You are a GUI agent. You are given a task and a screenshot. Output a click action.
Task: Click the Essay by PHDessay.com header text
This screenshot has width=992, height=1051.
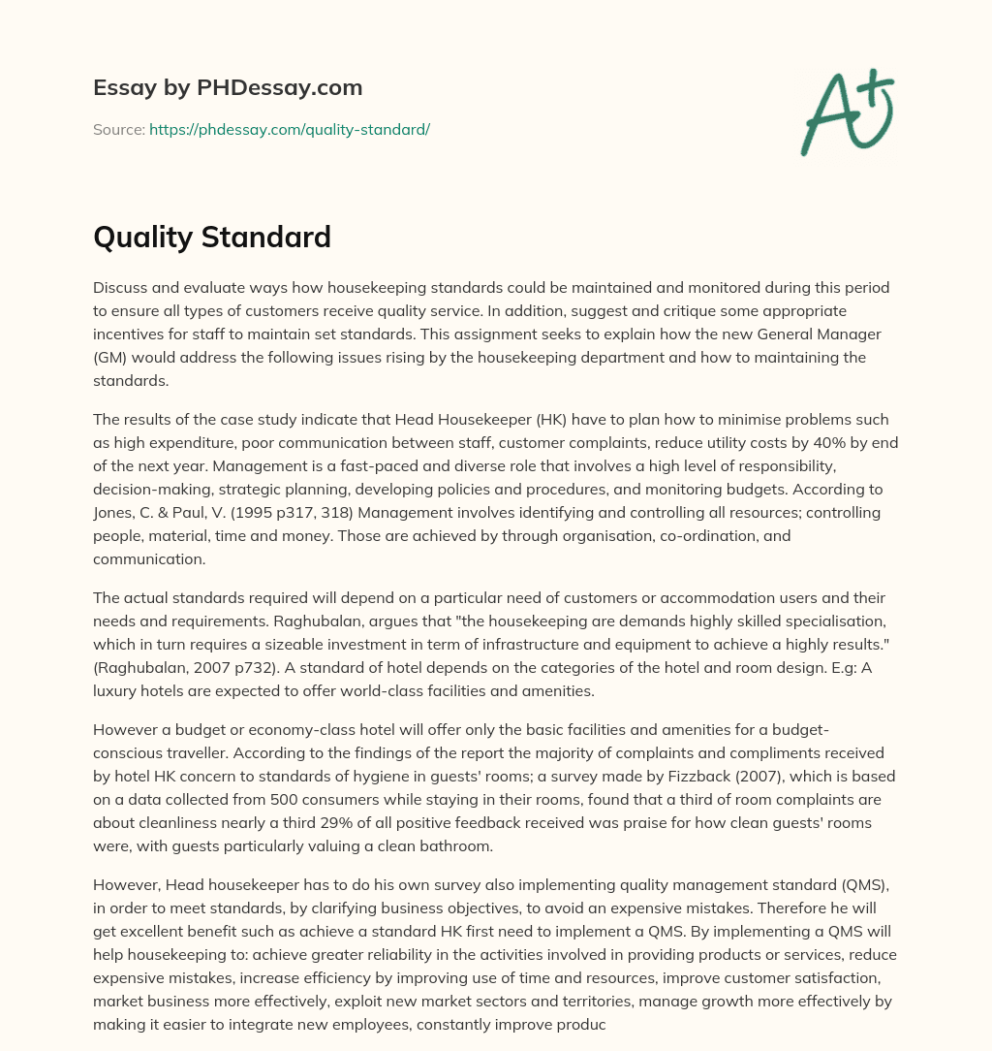coord(228,88)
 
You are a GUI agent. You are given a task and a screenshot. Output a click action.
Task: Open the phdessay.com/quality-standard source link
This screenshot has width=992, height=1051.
coord(290,129)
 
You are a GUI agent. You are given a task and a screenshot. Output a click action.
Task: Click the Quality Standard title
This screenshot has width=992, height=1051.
coord(212,237)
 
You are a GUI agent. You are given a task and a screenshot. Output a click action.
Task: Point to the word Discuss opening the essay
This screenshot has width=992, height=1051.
coord(121,288)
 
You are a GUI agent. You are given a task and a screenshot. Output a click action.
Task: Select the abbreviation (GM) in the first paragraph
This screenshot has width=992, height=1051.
coord(112,358)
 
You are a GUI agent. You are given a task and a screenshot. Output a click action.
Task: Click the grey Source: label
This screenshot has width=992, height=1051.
coord(119,129)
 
